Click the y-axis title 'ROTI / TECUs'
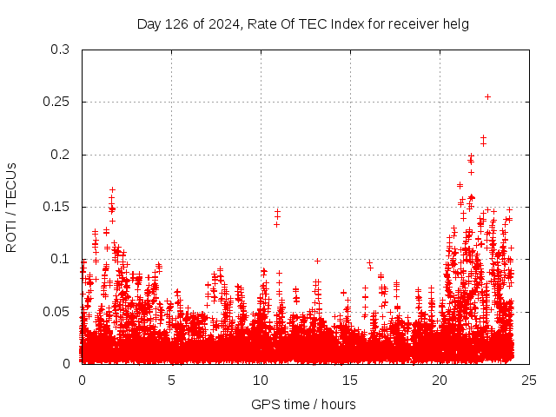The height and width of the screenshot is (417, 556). pos(11,207)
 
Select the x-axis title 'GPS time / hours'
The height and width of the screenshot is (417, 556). pos(303,405)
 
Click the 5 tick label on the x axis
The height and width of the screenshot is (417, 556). pos(171,380)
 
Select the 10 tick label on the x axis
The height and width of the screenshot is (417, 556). pos(261,380)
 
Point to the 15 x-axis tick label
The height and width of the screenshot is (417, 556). pos(350,380)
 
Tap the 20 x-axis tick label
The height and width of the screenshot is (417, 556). pos(440,380)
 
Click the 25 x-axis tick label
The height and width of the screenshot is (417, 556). pos(529,380)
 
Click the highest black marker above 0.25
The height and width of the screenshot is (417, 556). pos(487,96)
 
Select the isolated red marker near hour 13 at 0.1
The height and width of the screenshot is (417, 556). pos(317,261)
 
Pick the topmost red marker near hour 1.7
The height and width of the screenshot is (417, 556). pos(112,189)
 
